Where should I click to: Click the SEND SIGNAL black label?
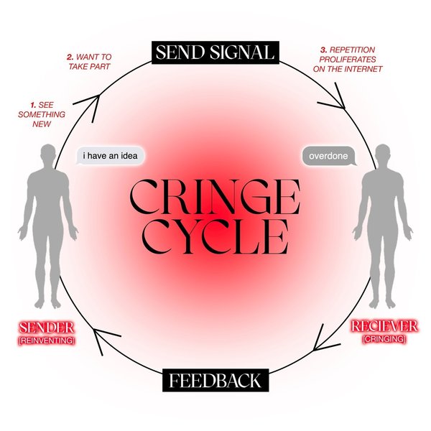(x=215, y=52)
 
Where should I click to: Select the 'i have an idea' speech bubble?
(x=109, y=155)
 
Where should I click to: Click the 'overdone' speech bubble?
(x=328, y=155)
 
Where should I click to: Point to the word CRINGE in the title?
(x=215, y=195)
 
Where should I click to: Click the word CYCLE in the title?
(x=215, y=235)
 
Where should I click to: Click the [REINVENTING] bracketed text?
(x=47, y=340)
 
